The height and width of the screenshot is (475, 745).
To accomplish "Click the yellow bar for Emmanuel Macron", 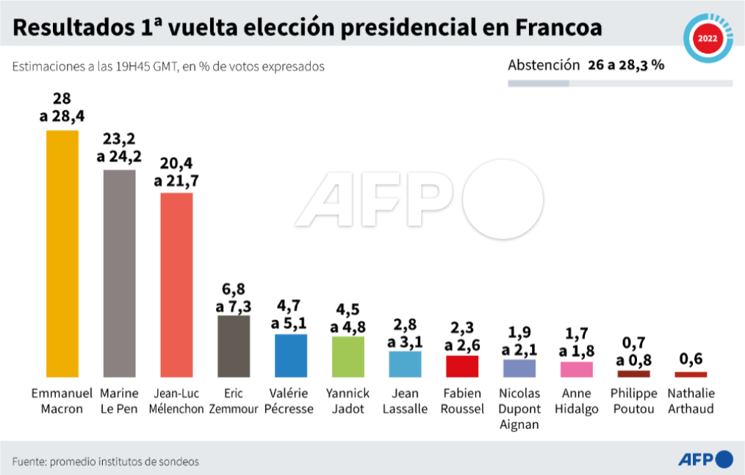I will coord(62,253).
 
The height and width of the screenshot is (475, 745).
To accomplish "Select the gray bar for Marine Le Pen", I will coord(119,273).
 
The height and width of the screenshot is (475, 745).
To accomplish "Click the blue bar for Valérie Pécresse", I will coord(291,355).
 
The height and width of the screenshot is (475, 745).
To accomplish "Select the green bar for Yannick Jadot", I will coord(348,357).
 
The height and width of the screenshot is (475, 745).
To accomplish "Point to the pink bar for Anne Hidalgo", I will coord(577,369).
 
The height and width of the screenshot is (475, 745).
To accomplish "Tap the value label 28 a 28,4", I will coord(62,108).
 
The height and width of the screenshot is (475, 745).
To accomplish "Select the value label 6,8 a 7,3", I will coord(234,296).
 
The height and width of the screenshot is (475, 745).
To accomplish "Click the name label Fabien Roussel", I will coord(462,402).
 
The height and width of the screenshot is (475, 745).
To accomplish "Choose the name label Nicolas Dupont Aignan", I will coord(519,409).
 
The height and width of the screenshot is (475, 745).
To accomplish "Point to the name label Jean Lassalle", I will coord(405,402).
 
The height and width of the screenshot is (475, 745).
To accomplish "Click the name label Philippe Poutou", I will coord(633,402).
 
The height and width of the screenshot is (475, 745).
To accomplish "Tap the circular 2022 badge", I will coord(708,39).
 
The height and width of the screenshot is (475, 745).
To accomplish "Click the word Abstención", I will coord(544,65).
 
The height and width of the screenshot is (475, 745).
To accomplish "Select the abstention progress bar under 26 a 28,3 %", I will coord(619,84).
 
